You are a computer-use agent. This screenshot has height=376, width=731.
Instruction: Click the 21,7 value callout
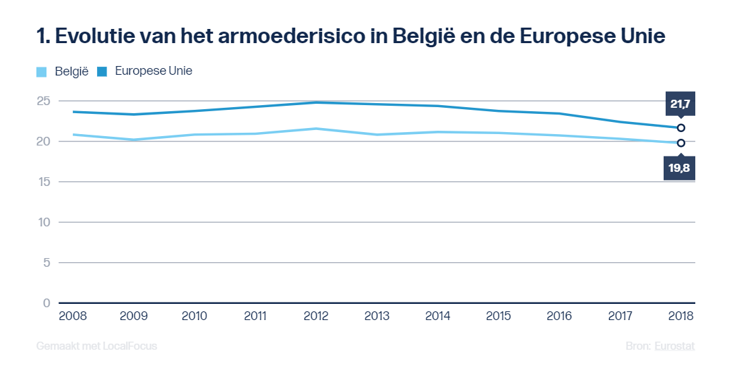coord(680,104)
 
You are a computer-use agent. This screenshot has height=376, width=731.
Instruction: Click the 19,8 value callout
coord(680,167)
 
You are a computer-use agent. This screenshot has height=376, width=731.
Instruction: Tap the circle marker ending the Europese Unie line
coord(681,127)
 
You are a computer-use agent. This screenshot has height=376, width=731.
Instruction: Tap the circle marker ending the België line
coord(681,143)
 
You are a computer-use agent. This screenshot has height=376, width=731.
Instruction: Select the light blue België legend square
coord(42,71)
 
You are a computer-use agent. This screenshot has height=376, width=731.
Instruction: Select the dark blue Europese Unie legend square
coord(102,71)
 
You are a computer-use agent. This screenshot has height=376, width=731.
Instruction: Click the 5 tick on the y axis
coord(46,263)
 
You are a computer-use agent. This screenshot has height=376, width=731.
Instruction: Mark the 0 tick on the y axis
coord(46,303)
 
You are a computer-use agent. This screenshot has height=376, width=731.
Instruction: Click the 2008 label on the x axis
coord(73,315)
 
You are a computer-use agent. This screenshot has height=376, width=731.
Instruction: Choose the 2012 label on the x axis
coord(317,315)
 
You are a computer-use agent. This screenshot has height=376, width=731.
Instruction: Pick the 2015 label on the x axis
coord(499,315)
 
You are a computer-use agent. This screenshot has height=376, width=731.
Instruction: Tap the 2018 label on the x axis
coord(680,315)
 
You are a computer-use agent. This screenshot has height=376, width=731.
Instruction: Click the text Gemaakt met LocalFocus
coord(96,346)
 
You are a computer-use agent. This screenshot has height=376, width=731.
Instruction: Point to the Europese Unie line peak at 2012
coord(317,102)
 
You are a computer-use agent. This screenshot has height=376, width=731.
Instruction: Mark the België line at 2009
coord(134,139)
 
